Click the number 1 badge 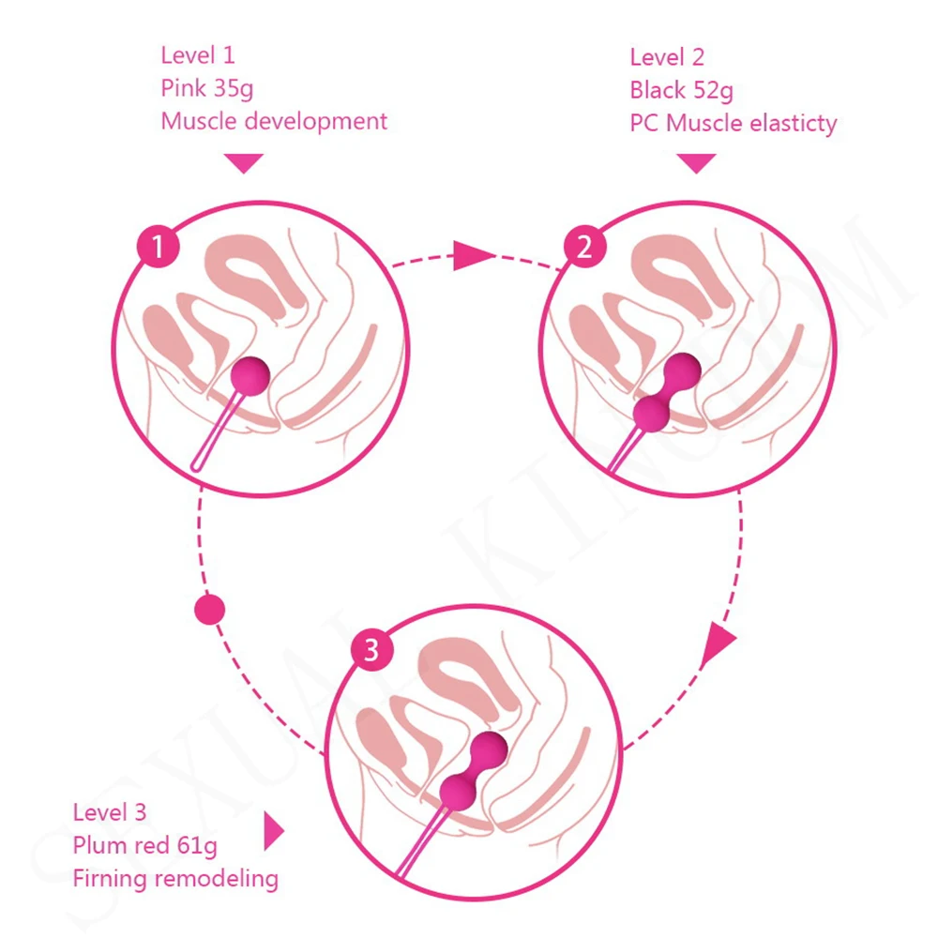point(159,248)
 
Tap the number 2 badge point(584,248)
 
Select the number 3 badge point(371,650)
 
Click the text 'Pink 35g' point(206,89)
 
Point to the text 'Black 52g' point(681,91)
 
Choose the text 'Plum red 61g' point(144,846)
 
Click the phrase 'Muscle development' point(274,121)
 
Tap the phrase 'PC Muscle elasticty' point(733,123)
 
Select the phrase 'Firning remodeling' point(175,879)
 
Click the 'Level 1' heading point(197,56)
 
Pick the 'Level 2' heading point(667,58)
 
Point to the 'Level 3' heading point(110,813)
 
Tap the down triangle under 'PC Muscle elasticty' point(696,163)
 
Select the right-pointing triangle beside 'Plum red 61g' point(273,830)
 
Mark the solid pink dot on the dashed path point(209,611)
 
